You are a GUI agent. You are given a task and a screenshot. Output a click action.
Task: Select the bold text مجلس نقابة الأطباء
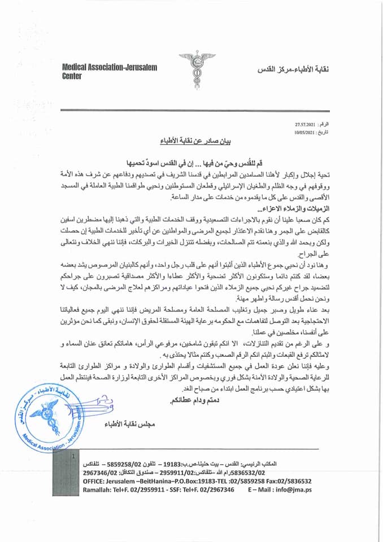(x=132, y=423)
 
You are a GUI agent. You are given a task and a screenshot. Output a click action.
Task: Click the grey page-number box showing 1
(x=71, y=455)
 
